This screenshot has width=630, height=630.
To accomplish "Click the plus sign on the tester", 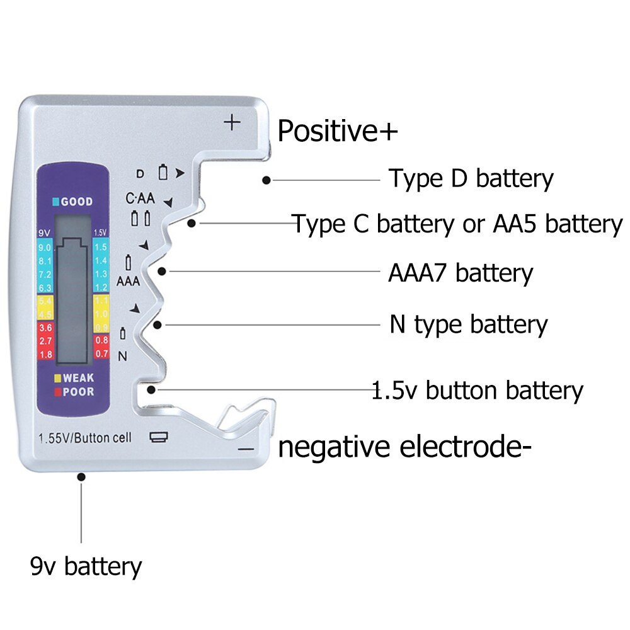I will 233,122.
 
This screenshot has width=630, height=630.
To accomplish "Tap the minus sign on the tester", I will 246,449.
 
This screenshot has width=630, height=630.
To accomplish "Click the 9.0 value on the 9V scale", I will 45,248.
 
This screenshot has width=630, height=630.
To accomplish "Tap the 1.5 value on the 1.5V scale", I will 101,248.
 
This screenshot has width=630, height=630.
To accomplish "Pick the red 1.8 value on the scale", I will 45,354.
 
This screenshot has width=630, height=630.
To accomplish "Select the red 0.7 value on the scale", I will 101,354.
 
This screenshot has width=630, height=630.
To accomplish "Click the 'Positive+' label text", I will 338,132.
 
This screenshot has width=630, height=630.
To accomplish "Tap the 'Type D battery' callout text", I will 471,179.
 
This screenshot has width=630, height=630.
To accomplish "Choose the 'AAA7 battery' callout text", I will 461,273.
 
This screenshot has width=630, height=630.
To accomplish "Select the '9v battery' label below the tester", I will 86,566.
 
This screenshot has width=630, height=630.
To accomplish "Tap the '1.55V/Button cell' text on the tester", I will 85,438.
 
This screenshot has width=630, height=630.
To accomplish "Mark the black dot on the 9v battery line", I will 81,477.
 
